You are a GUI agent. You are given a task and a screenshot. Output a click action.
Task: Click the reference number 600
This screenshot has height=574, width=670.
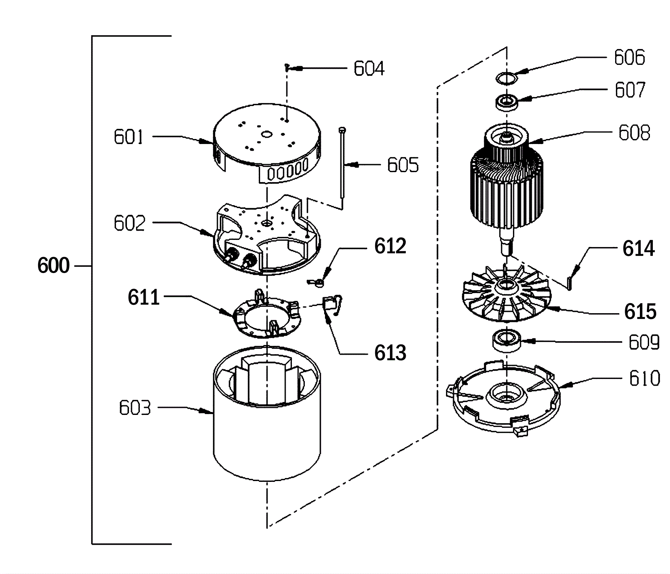pos(53,265)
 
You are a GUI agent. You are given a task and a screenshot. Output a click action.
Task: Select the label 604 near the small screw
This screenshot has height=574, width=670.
pos(369,69)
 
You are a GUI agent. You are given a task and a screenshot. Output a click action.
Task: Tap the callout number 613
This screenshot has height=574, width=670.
pos(390,353)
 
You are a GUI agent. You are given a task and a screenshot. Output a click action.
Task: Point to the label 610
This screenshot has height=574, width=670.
pos(644,378)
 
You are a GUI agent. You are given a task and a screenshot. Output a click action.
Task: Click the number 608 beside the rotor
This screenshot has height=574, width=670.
pos(634,133)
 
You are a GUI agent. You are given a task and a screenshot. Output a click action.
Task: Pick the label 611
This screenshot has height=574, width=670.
pos(144,298)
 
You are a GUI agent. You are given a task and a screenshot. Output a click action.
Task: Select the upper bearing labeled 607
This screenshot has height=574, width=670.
pos(507,102)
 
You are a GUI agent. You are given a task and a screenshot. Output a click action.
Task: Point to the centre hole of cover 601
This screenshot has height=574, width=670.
pos(266,134)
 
